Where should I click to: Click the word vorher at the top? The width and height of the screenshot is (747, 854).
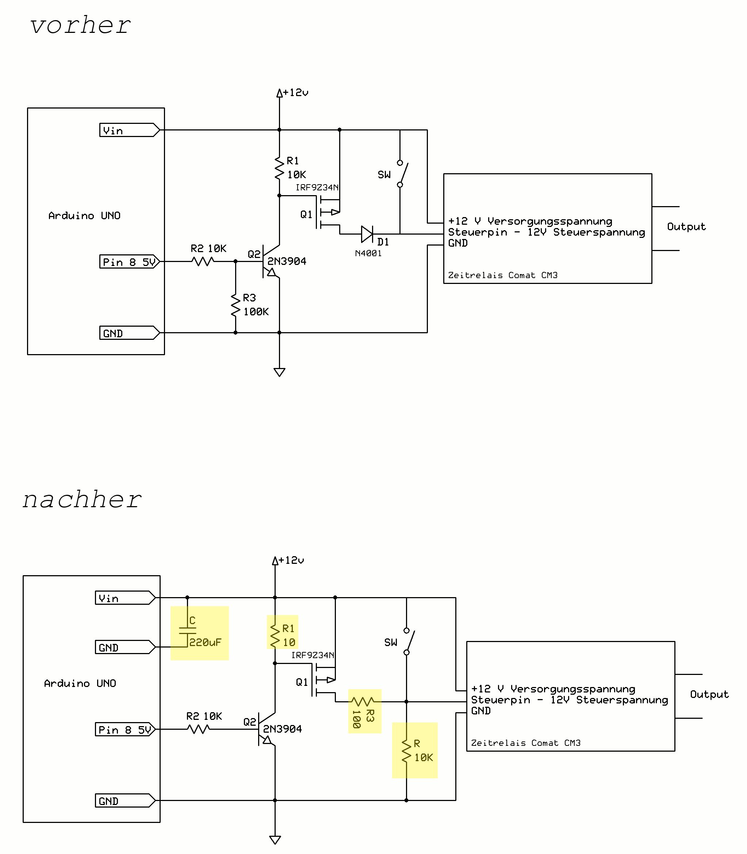[80, 26]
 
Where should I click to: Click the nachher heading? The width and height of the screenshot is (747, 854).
[82, 500]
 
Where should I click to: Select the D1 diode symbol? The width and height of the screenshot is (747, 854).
[367, 234]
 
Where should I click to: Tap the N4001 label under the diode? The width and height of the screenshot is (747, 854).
[368, 253]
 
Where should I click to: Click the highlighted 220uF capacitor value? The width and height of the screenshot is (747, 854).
[205, 642]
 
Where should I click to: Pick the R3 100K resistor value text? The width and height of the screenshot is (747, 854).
[256, 312]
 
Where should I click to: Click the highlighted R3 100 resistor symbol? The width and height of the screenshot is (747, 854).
[364, 701]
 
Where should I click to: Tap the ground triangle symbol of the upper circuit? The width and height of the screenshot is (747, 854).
[279, 372]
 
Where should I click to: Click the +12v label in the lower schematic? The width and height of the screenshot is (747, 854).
[291, 560]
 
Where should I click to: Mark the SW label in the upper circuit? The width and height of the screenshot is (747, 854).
[384, 175]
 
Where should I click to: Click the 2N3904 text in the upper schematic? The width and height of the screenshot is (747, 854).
[287, 261]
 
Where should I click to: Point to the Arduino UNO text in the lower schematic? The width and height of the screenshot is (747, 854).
[80, 683]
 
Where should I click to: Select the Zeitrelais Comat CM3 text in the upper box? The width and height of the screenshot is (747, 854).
[503, 276]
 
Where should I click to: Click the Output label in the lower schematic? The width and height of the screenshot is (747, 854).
[709, 694]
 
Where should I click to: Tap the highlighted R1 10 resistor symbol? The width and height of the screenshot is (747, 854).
[275, 636]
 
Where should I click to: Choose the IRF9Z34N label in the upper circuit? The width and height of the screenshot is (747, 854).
[317, 187]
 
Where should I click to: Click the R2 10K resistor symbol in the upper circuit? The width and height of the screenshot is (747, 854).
[203, 262]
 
